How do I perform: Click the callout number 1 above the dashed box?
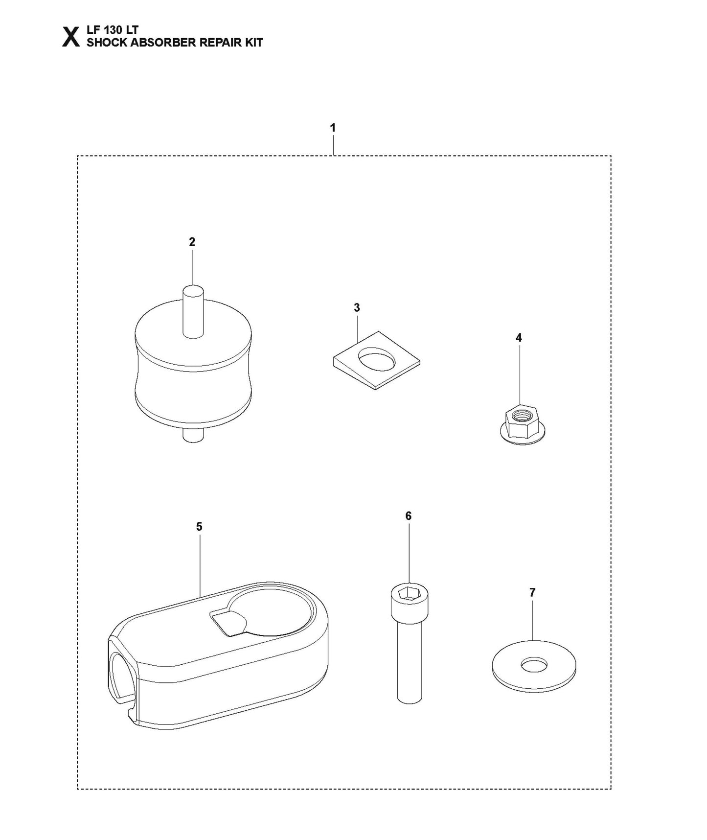coord(333,128)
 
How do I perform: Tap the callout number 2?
coord(192,242)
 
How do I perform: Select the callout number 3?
coord(357,308)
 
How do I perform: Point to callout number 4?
coord(519,338)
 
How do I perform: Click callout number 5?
coord(199,527)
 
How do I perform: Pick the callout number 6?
coord(409,516)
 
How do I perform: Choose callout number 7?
coord(532,593)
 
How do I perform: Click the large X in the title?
coord(71,37)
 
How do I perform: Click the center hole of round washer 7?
coord(534,665)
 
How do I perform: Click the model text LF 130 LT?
coord(113,30)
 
